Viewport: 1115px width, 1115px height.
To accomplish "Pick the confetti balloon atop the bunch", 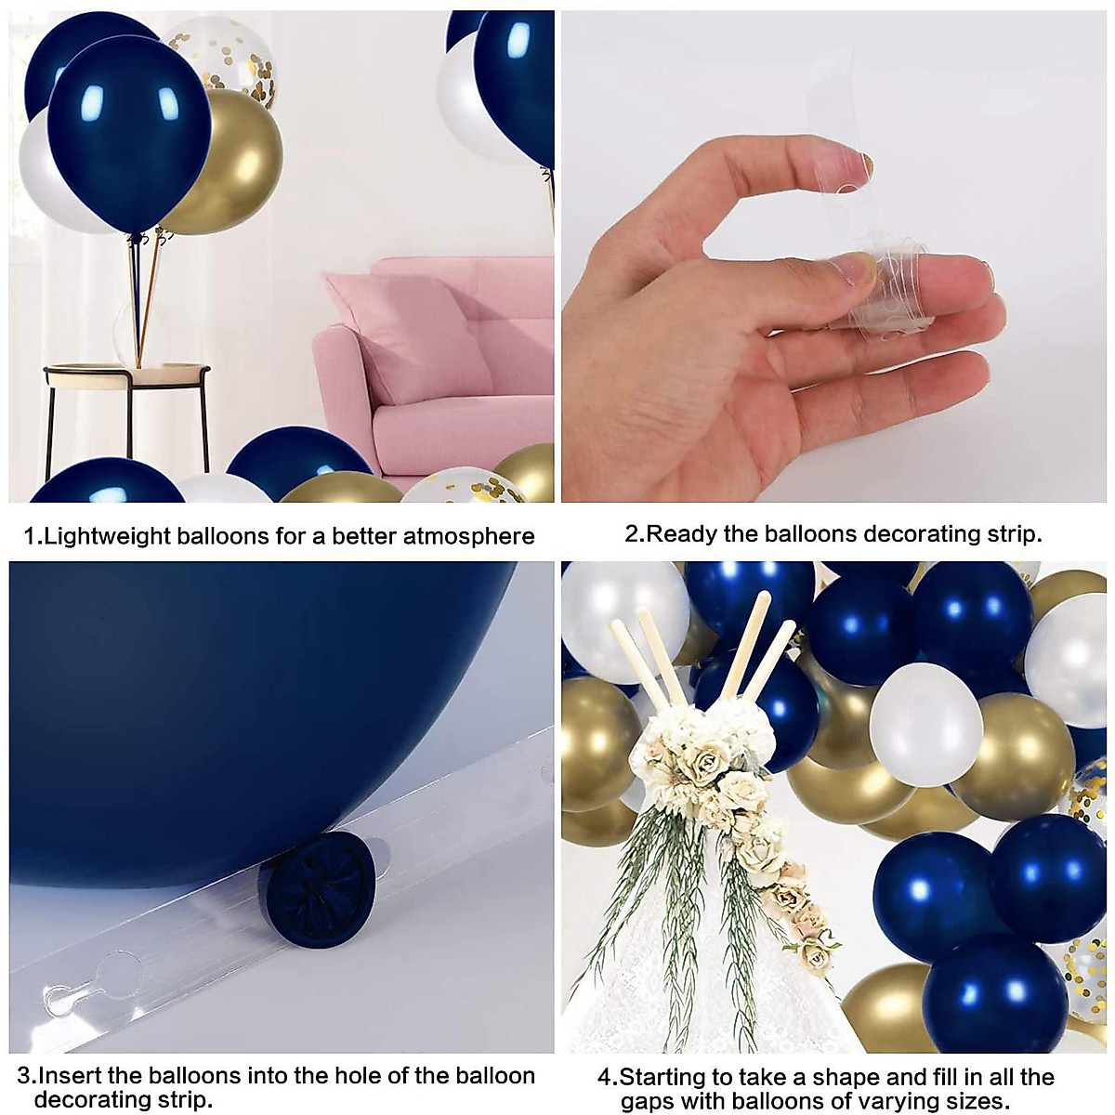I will point(223,56).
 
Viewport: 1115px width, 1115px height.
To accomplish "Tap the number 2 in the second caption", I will point(632,534).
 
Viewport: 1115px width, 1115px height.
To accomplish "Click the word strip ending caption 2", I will point(1013,534).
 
